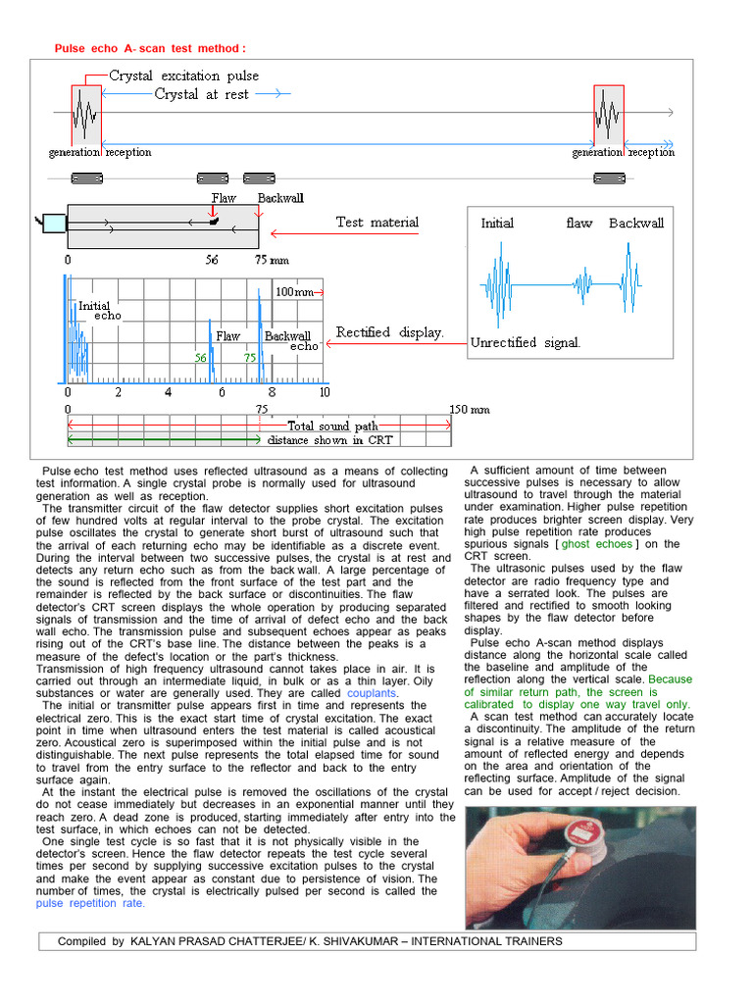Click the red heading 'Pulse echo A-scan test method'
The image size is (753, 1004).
pos(149,48)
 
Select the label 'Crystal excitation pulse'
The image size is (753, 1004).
pos(183,75)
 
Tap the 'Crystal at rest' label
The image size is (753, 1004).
pos(201,94)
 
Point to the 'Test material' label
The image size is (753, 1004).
pos(376,223)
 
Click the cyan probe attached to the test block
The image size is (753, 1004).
pos(53,224)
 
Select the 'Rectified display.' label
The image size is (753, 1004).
pos(389,332)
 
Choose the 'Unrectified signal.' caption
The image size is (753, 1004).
pos(526,342)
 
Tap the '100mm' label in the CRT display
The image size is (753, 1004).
pos(295,292)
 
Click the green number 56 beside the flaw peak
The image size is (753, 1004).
pos(200,359)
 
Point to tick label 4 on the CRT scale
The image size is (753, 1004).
pos(168,392)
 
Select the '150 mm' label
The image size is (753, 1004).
pos(470,409)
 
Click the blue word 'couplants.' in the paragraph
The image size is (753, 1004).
pos(374,693)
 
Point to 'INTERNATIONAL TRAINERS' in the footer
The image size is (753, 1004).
pos(486,941)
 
